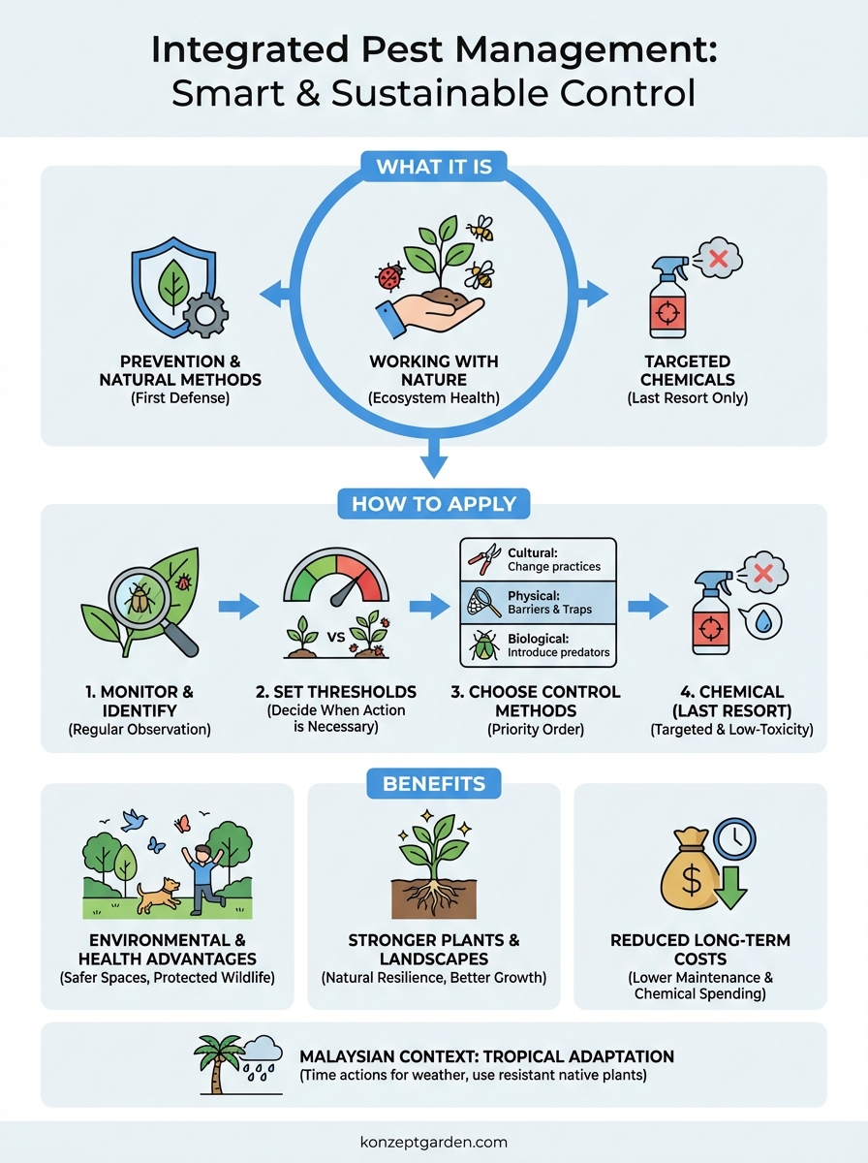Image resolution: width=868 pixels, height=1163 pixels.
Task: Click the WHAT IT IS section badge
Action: click(433, 167)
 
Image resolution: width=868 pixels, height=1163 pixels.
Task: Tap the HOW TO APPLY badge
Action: click(433, 504)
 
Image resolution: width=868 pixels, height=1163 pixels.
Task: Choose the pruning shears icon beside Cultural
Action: click(480, 559)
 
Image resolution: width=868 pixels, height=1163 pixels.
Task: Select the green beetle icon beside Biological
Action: click(482, 645)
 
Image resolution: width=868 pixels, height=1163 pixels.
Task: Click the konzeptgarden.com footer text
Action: click(433, 1142)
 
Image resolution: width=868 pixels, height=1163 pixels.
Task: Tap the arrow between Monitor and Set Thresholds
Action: click(238, 608)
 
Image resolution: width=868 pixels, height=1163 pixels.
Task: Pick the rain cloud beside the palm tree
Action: click(262, 1056)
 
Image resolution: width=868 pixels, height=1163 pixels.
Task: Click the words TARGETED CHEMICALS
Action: click(687, 370)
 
